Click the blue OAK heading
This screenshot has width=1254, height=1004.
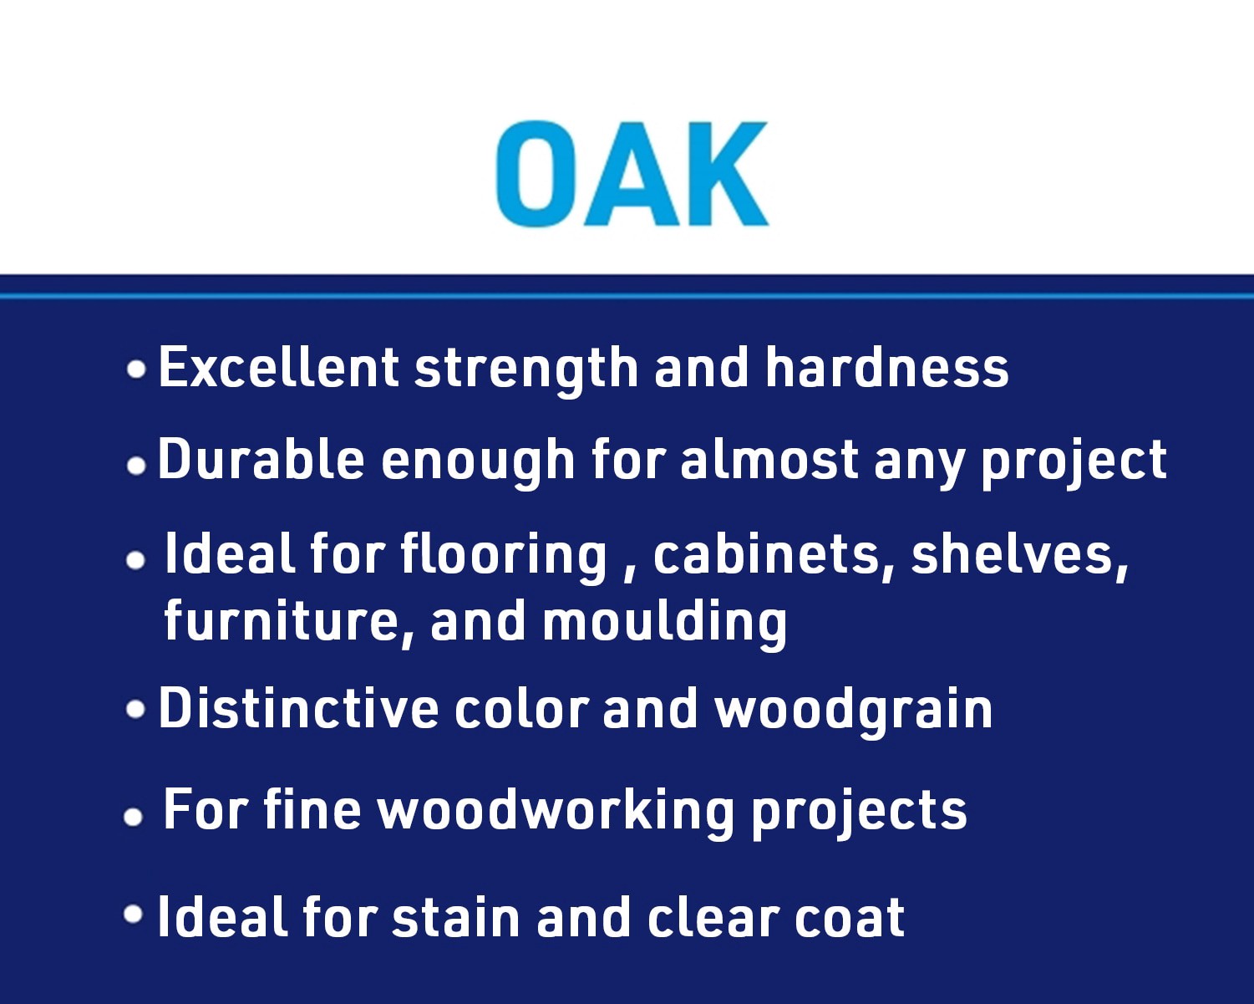coord(632,174)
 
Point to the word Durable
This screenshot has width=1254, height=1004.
coord(261,460)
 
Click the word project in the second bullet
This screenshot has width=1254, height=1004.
coord(1074,461)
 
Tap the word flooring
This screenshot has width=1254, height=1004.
coord(504,555)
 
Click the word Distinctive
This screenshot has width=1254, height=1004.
coord(298,709)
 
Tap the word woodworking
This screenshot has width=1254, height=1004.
coord(556,811)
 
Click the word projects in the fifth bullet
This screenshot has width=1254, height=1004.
coord(858,813)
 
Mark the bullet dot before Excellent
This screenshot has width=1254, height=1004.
coord(136,369)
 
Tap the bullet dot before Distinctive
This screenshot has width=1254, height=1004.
coord(135,710)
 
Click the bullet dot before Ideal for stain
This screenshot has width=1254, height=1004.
coord(134,914)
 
